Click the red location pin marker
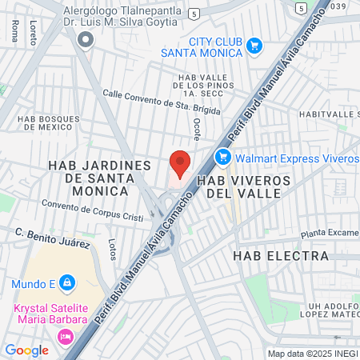(x=180, y=162)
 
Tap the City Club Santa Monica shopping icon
(x=254, y=46)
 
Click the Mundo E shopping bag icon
(x=67, y=282)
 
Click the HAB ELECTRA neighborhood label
(x=281, y=256)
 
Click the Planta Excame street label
(x=330, y=234)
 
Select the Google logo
(x=26, y=350)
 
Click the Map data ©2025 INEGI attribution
(x=312, y=354)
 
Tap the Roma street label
(x=15, y=30)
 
